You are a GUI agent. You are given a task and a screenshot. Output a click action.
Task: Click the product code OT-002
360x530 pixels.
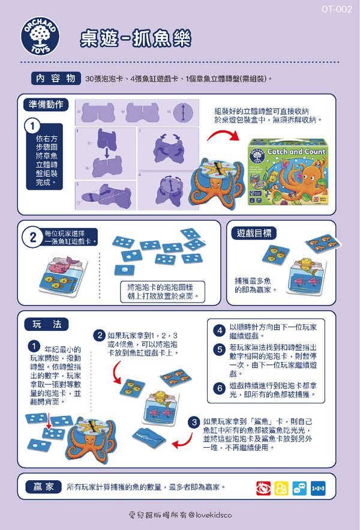tap(336, 9)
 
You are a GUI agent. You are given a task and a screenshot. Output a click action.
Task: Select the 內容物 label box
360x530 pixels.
tap(55, 79)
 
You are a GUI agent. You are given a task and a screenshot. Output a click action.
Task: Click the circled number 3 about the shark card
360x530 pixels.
tap(194, 422)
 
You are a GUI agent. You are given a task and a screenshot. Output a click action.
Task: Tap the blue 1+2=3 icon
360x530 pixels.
tap(317, 488)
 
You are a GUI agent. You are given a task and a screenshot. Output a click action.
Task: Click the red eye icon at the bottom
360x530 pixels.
tap(263, 488)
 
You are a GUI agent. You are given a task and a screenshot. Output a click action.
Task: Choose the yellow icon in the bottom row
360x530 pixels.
tap(281, 488)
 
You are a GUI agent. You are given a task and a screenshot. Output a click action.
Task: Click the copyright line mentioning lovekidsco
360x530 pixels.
tap(179, 515)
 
